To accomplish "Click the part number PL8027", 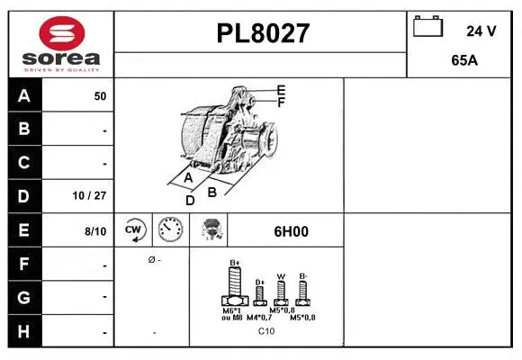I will pos(263,34).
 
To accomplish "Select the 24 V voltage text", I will pos(481,31).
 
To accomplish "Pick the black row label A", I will pos(24,95).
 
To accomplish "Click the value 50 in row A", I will pos(100,96).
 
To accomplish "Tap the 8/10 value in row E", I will pos(94,231).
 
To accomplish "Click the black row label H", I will pos(24,331).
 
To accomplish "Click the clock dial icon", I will pos(169,230).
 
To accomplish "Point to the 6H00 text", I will pos(291,231).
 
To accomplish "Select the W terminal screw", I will pos(281,290).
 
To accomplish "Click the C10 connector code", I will pos(266,331).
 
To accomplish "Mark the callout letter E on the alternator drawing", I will pos(281,90).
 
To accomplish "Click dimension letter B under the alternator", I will pos(212,191).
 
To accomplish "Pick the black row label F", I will pos(24,265).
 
